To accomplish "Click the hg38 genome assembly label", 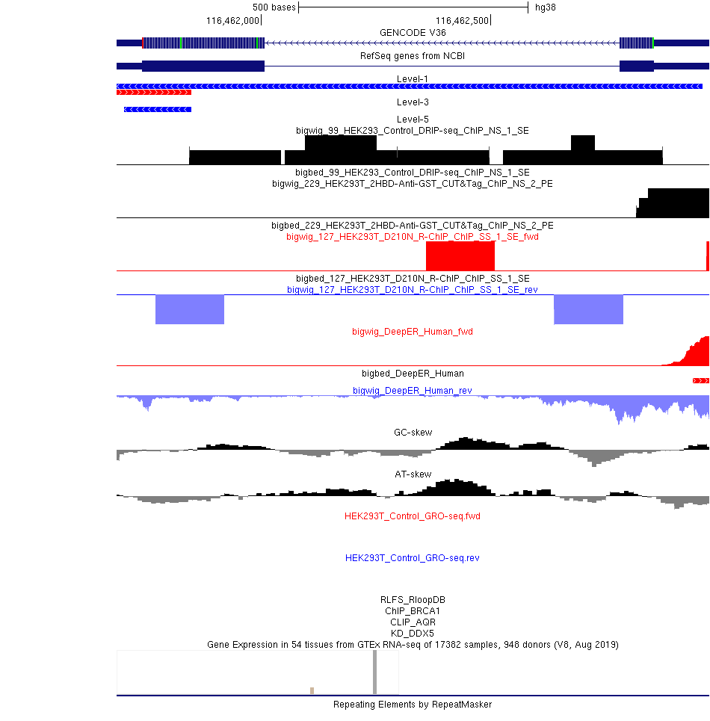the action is tap(546, 7).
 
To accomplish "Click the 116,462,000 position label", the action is tap(232, 21).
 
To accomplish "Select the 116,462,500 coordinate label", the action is tap(462, 21).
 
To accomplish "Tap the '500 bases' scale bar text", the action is tap(274, 7).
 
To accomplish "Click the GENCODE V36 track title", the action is tap(413, 33).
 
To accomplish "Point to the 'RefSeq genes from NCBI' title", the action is tap(413, 56).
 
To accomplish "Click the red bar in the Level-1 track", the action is tap(154, 93).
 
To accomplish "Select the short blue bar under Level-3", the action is tap(158, 109).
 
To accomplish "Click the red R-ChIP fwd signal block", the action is tap(460, 256).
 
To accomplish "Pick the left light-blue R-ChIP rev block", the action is tap(190, 309).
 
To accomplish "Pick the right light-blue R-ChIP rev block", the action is tap(589, 309).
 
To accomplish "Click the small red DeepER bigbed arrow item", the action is tap(701, 381).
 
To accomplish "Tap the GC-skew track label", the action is tap(413, 433).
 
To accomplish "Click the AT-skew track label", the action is tap(413, 474).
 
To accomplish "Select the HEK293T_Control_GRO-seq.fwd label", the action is tap(413, 516).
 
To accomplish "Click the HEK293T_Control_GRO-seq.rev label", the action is tap(413, 558).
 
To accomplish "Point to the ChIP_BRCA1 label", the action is tap(413, 610).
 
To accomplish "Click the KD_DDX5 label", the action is tap(413, 633).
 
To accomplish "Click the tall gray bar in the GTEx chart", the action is tap(374, 672).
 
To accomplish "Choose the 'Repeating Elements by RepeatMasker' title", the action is tap(413, 705).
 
